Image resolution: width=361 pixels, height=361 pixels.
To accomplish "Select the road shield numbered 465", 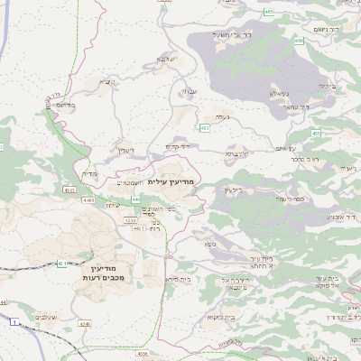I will coord(270,12).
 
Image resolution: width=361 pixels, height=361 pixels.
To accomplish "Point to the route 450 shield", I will coord(299,41).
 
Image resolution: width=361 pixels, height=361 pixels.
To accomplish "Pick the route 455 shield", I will coord(316,134).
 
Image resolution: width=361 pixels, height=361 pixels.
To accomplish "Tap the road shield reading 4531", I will coord(69,190).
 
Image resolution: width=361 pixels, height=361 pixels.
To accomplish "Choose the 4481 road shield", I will coord(88,199).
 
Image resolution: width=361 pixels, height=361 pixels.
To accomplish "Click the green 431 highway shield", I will coord(61,264).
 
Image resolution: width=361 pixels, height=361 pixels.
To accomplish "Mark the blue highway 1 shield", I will coord(15,321).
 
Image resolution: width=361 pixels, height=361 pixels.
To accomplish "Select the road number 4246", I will coord(85,323).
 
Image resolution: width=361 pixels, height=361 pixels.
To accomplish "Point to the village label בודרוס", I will coord(62,105).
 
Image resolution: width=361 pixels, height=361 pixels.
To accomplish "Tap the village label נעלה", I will coord(220,116).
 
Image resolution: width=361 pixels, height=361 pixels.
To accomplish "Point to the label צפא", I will coord(210,244).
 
